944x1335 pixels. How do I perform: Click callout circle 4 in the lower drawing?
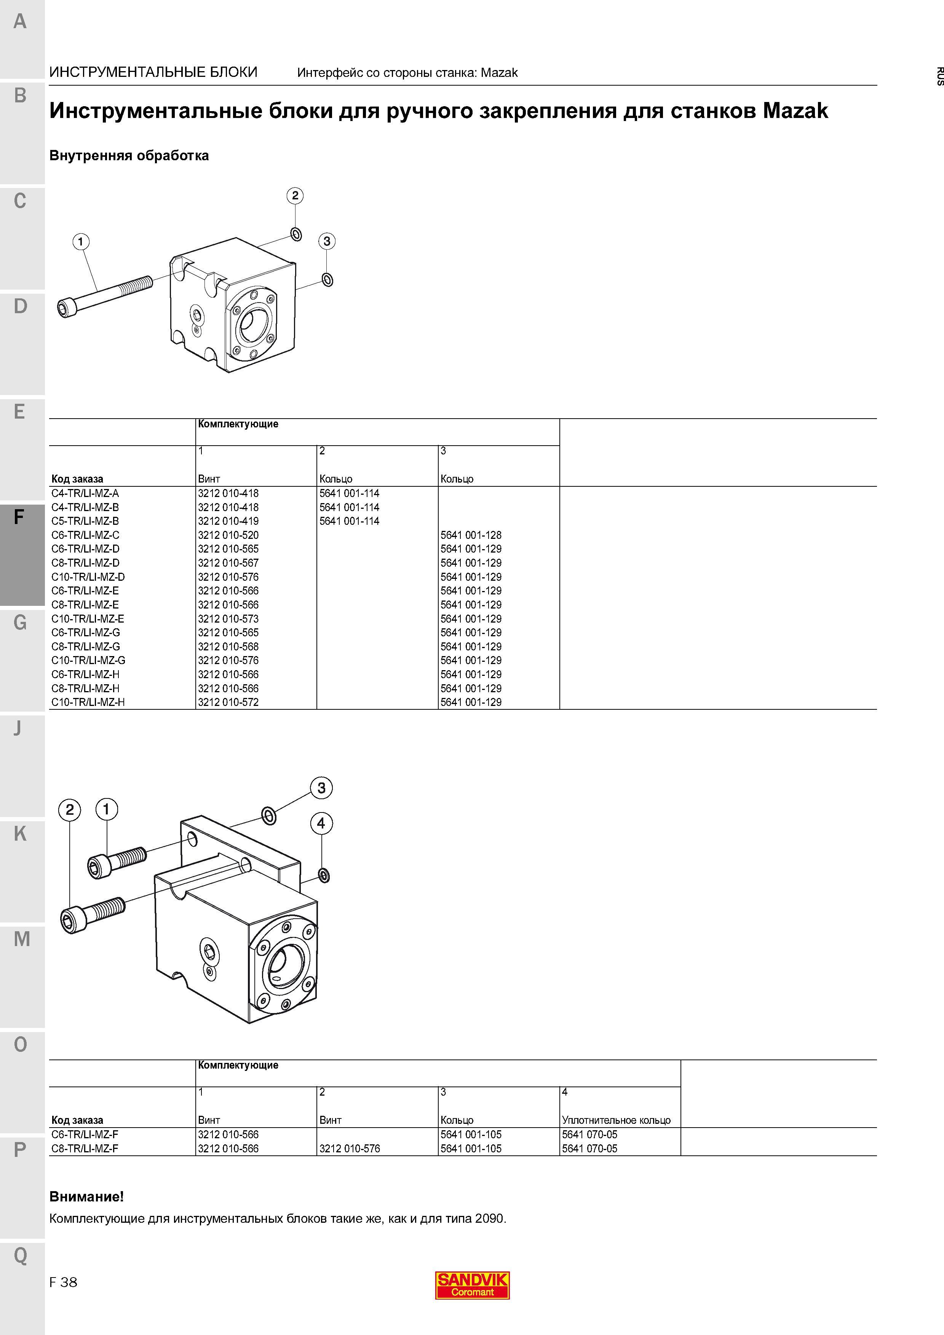pos(321,823)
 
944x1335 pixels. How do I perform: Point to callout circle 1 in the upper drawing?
pos(80,241)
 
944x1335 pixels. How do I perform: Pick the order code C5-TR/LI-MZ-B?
pos(85,521)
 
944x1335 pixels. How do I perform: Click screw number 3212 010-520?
pos(228,535)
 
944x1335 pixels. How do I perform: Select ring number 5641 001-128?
pos(471,535)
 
